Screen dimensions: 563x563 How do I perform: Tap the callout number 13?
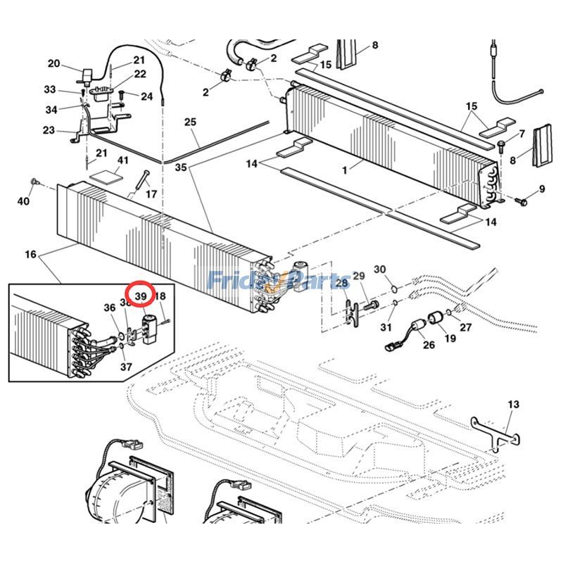pyautogui.click(x=513, y=404)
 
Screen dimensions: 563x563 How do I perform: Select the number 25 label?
pyautogui.click(x=190, y=122)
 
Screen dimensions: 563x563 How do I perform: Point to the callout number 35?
pyautogui.click(x=181, y=168)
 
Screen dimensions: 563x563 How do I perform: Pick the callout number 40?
pyautogui.click(x=24, y=202)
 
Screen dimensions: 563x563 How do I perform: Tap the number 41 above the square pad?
pyautogui.click(x=123, y=161)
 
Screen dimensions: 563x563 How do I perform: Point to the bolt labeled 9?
pyautogui.click(x=521, y=201)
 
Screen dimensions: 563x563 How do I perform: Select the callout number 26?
pyautogui.click(x=429, y=345)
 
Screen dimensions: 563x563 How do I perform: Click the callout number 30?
pyautogui.click(x=379, y=270)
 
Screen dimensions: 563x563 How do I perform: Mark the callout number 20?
pyautogui.click(x=54, y=63)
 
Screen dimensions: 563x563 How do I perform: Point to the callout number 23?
pyautogui.click(x=49, y=130)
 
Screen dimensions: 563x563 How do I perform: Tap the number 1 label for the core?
pyautogui.click(x=344, y=170)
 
